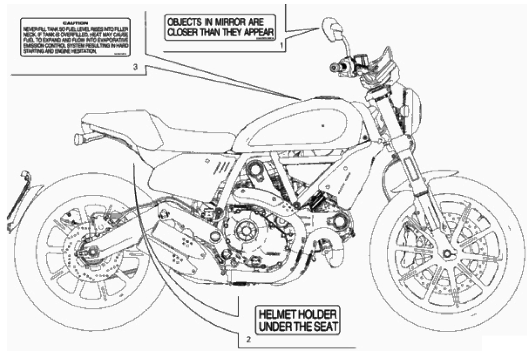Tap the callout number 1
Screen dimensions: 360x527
[281, 46]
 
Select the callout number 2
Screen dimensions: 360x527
[248, 339]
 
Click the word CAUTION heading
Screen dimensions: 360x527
[75, 24]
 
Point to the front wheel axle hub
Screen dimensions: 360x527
[447, 253]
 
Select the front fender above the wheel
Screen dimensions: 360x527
[450, 176]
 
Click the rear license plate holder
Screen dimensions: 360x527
[18, 199]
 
